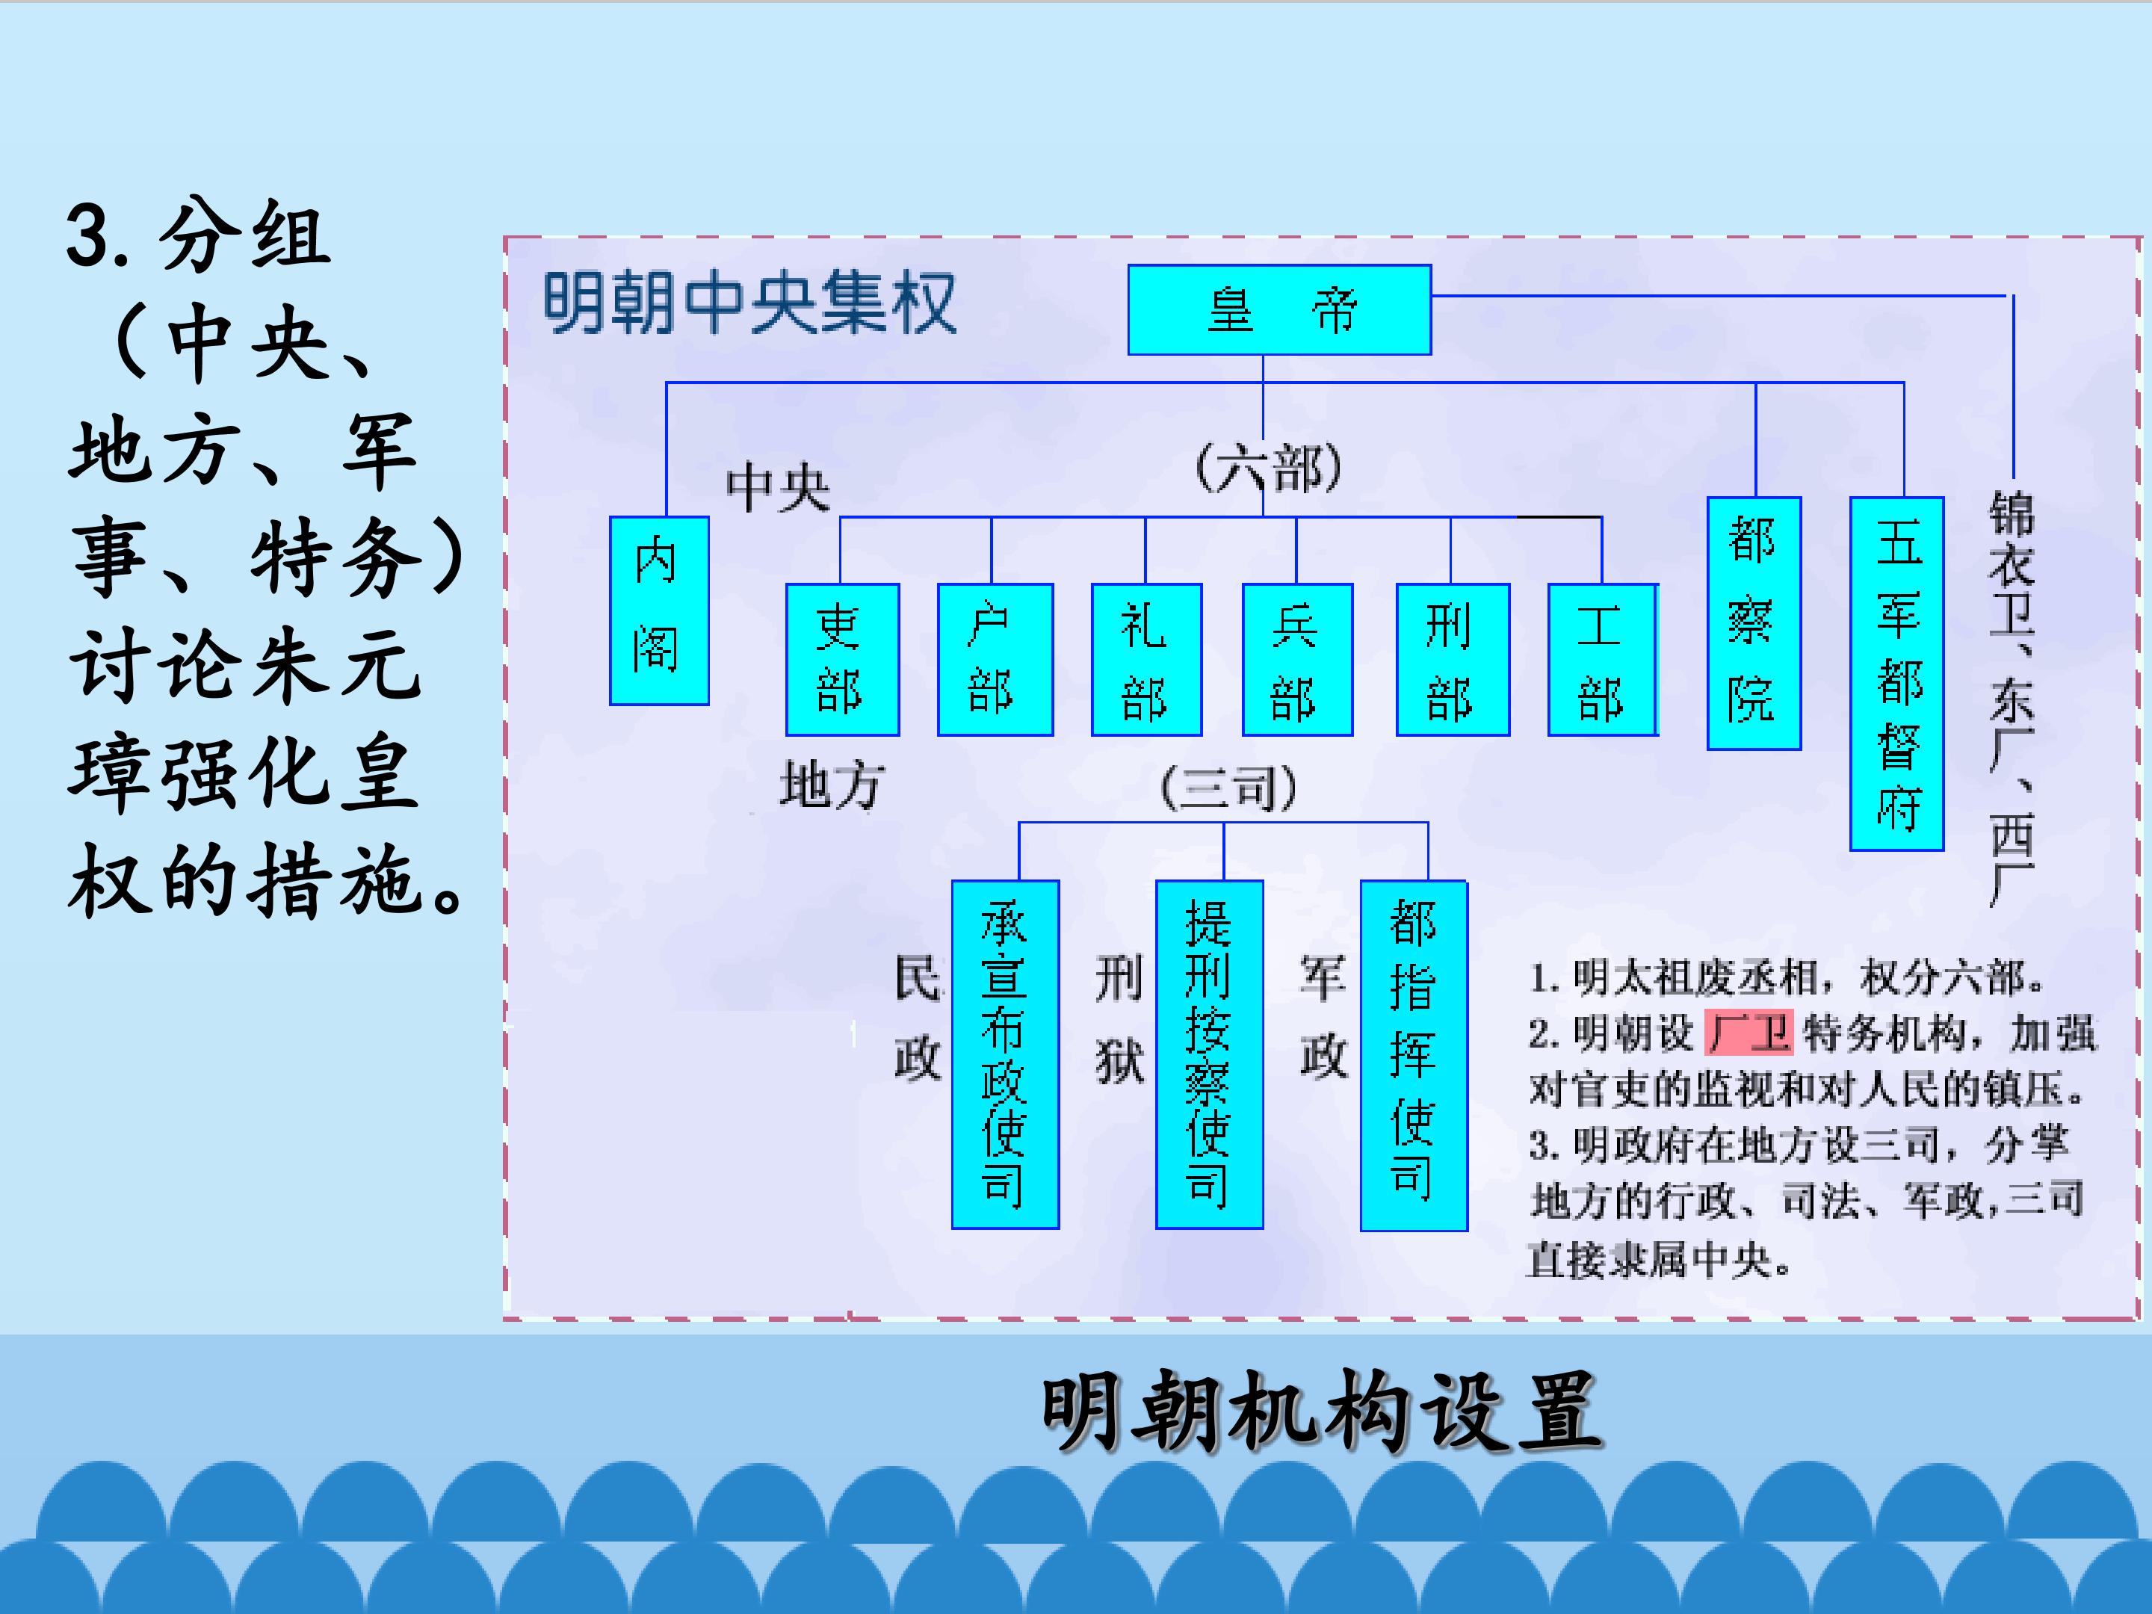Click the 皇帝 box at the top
[1279, 309]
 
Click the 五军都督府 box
[1896, 673]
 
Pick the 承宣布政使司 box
[1005, 1054]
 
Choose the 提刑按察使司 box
[1209, 1054]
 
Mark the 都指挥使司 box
[1414, 1056]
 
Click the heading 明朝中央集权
[749, 303]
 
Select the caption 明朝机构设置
[1321, 1411]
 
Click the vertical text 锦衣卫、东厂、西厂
[2011, 699]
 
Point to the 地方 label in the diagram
[832, 785]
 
